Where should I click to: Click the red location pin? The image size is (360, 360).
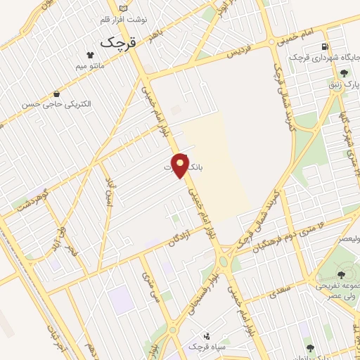(181, 165)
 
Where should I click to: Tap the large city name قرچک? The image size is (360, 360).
(116, 41)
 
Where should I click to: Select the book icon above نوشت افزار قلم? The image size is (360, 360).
(124, 8)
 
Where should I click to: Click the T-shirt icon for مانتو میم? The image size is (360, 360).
(90, 54)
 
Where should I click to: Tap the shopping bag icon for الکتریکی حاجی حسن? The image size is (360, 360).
(56, 94)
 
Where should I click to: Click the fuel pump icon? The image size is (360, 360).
(324, 47)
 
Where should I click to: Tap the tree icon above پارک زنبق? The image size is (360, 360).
(344, 72)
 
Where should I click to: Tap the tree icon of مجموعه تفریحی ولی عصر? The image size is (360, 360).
(342, 275)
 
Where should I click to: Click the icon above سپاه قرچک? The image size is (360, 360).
(206, 336)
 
